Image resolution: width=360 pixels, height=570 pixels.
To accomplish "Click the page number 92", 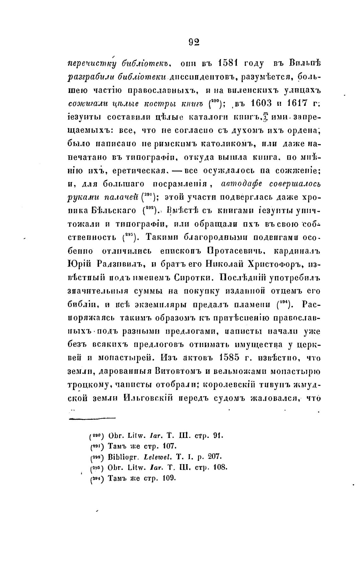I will click(x=194, y=42).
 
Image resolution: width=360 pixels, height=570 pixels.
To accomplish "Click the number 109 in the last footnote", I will click(x=169, y=478).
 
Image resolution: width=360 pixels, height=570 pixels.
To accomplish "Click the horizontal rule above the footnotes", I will click(x=92, y=418).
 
